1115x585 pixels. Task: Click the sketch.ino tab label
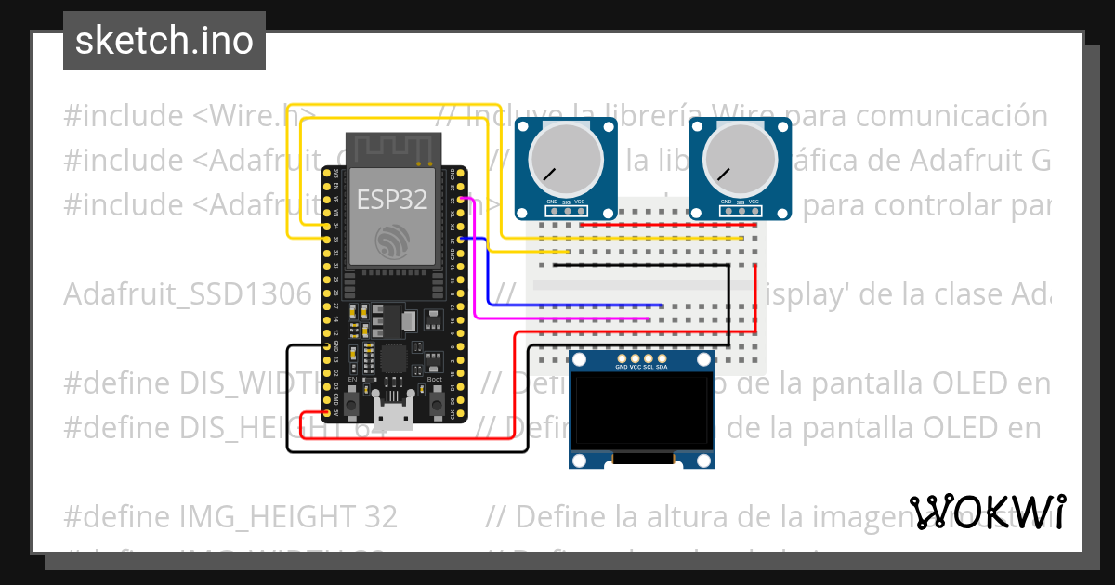tap(164, 41)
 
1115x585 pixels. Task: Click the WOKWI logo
tap(988, 512)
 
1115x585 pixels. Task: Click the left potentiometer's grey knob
tap(565, 158)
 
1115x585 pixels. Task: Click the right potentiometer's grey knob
tap(740, 158)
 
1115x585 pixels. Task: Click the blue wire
tap(576, 305)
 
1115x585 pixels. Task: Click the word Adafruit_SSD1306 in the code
tap(186, 295)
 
